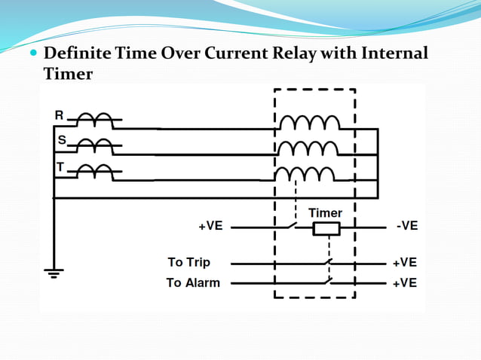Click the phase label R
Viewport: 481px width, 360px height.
(x=60, y=114)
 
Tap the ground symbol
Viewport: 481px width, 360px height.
(x=54, y=272)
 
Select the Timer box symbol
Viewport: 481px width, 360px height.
(x=327, y=227)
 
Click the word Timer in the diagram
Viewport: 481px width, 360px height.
(x=326, y=213)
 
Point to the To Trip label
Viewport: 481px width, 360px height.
(x=188, y=262)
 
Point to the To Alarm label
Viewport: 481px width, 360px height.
(x=193, y=283)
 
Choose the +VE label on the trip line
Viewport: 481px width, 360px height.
(x=405, y=262)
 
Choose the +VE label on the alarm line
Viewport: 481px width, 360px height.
(x=405, y=283)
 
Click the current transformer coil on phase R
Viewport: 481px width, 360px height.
(x=96, y=120)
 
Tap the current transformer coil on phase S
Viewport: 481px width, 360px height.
(x=96, y=145)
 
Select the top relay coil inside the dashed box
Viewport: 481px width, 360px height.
(x=309, y=123)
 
